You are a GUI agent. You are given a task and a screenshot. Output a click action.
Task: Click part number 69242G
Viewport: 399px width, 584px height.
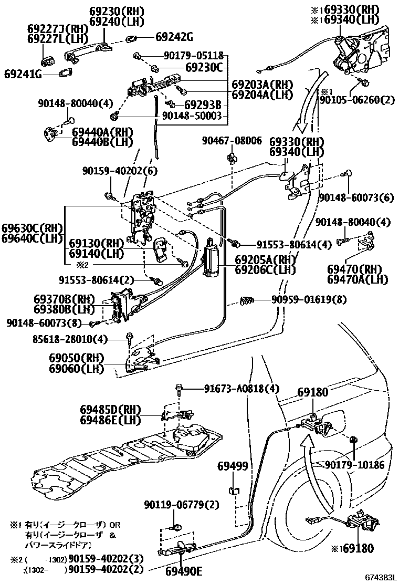point(174,37)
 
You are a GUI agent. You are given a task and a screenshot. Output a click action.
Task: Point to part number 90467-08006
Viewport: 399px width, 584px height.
point(232,140)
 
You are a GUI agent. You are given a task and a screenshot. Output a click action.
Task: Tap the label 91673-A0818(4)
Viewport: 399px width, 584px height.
point(241,389)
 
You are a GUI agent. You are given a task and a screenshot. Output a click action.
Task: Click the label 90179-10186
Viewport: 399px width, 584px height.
point(354,465)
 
